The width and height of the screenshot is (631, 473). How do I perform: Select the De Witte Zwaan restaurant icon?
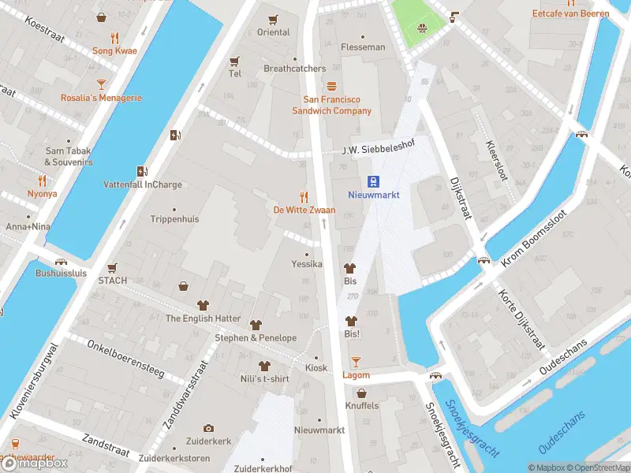(x=304, y=196)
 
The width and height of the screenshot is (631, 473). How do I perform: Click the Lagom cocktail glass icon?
(x=356, y=362)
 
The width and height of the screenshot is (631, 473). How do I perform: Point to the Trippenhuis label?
(x=174, y=219)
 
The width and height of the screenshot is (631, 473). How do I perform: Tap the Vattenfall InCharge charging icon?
(x=143, y=171)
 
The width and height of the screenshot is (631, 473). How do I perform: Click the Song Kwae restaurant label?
(x=114, y=50)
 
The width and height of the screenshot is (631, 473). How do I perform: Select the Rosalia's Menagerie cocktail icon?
(x=101, y=84)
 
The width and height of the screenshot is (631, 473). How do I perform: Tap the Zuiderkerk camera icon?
(x=208, y=428)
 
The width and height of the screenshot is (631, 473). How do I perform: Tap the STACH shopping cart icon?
(x=112, y=268)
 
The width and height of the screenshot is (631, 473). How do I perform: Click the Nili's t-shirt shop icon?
(x=264, y=367)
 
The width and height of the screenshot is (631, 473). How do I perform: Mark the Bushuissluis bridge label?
(x=60, y=274)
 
